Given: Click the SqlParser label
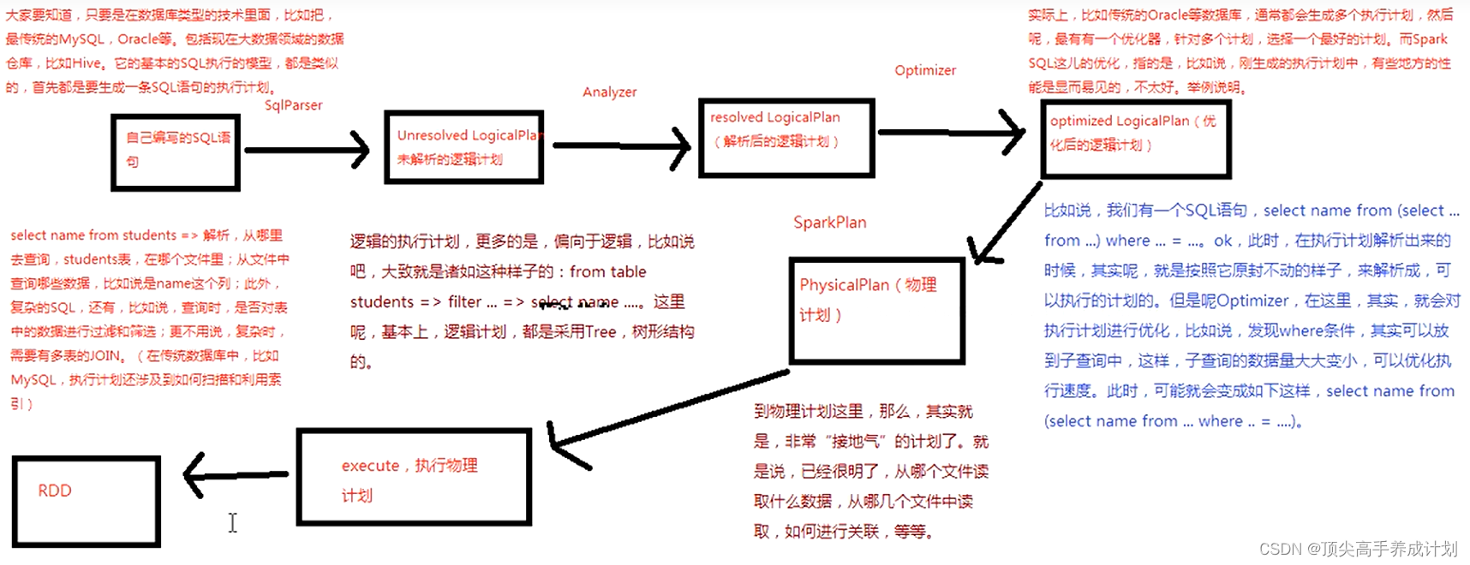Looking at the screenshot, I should pyautogui.click(x=293, y=105).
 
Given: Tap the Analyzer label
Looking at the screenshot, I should pyautogui.click(x=609, y=92).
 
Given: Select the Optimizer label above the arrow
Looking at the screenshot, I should pyautogui.click(x=925, y=70).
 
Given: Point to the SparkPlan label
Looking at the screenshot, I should pyautogui.click(x=829, y=223).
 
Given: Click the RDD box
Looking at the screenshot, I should pyautogui.click(x=87, y=501).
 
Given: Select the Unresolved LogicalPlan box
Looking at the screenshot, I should pyautogui.click(x=464, y=147).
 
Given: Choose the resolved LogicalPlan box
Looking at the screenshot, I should pyautogui.click(x=786, y=138).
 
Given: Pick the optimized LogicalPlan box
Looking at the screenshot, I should pyautogui.click(x=1135, y=140).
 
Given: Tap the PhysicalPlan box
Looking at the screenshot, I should pyautogui.click(x=876, y=311).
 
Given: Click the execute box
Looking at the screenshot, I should pyautogui.click(x=414, y=477).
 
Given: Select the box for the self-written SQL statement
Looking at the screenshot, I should pyautogui.click(x=176, y=152).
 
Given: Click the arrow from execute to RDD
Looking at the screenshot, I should pyautogui.click(x=236, y=474).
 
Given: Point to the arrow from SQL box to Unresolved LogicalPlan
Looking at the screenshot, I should pyautogui.click(x=307, y=150).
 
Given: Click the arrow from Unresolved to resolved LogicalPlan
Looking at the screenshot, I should pyautogui.click(x=621, y=146).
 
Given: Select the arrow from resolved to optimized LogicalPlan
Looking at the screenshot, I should pyautogui.click(x=951, y=132).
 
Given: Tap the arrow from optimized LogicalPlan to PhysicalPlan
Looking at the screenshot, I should pyautogui.click(x=1007, y=222).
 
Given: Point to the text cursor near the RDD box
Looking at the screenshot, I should pyautogui.click(x=232, y=523).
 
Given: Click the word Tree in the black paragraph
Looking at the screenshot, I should pyautogui.click(x=601, y=332).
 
